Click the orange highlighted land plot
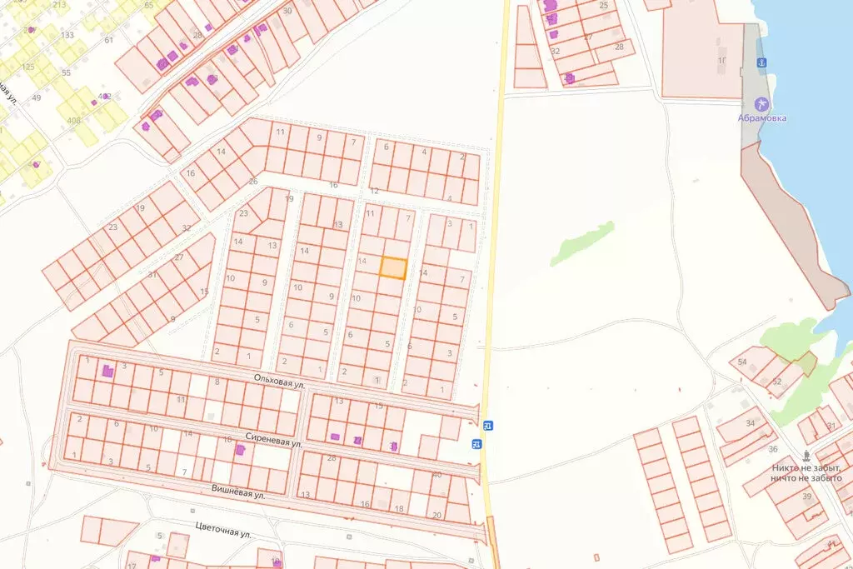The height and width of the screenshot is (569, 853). point(393,267)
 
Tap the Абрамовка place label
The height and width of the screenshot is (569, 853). point(761,118)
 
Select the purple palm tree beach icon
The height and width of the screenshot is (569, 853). point(761,103)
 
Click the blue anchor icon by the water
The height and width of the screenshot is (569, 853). point(761,63)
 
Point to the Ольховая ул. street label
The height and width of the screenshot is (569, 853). point(280,382)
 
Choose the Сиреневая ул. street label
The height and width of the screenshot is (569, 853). point(273,440)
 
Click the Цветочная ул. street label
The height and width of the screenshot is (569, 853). point(222,531)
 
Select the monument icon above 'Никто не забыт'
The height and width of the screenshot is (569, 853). point(806,456)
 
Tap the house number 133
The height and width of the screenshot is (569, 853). point(67,35)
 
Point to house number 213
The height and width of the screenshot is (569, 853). point(59,5)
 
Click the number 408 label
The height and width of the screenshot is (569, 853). point(73,121)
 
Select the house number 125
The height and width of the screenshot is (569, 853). point(28,67)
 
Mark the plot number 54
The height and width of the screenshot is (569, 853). point(742,362)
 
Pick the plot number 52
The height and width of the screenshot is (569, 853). point(776,382)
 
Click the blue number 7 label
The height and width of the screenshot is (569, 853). point(184,472)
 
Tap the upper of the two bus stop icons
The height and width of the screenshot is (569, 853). point(488,426)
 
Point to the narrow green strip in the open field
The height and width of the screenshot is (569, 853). point(582,243)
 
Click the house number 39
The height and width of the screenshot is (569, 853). point(807,497)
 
